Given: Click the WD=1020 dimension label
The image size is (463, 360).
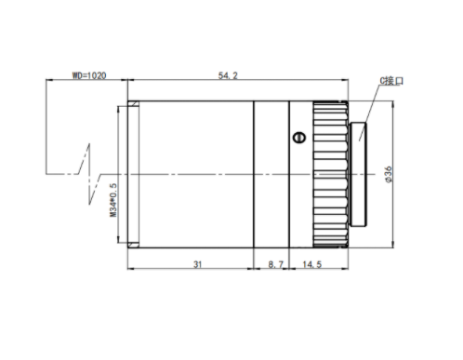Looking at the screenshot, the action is coord(89,75).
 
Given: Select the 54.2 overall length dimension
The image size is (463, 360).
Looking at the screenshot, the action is coord(228,75).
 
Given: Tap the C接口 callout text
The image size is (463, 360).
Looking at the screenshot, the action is coord(391,81).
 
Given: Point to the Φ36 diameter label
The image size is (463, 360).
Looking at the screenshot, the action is coord(389,175).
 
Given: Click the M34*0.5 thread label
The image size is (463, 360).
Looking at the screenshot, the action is coord(113,200).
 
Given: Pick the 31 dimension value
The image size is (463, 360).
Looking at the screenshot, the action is coord(198,264).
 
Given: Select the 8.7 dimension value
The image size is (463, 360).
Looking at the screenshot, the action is coord(276,264).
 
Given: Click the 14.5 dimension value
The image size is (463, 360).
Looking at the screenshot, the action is coord(312,264).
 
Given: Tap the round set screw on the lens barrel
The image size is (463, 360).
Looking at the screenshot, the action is coord(299,138).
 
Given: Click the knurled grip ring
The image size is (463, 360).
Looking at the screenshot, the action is coord(330,174).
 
